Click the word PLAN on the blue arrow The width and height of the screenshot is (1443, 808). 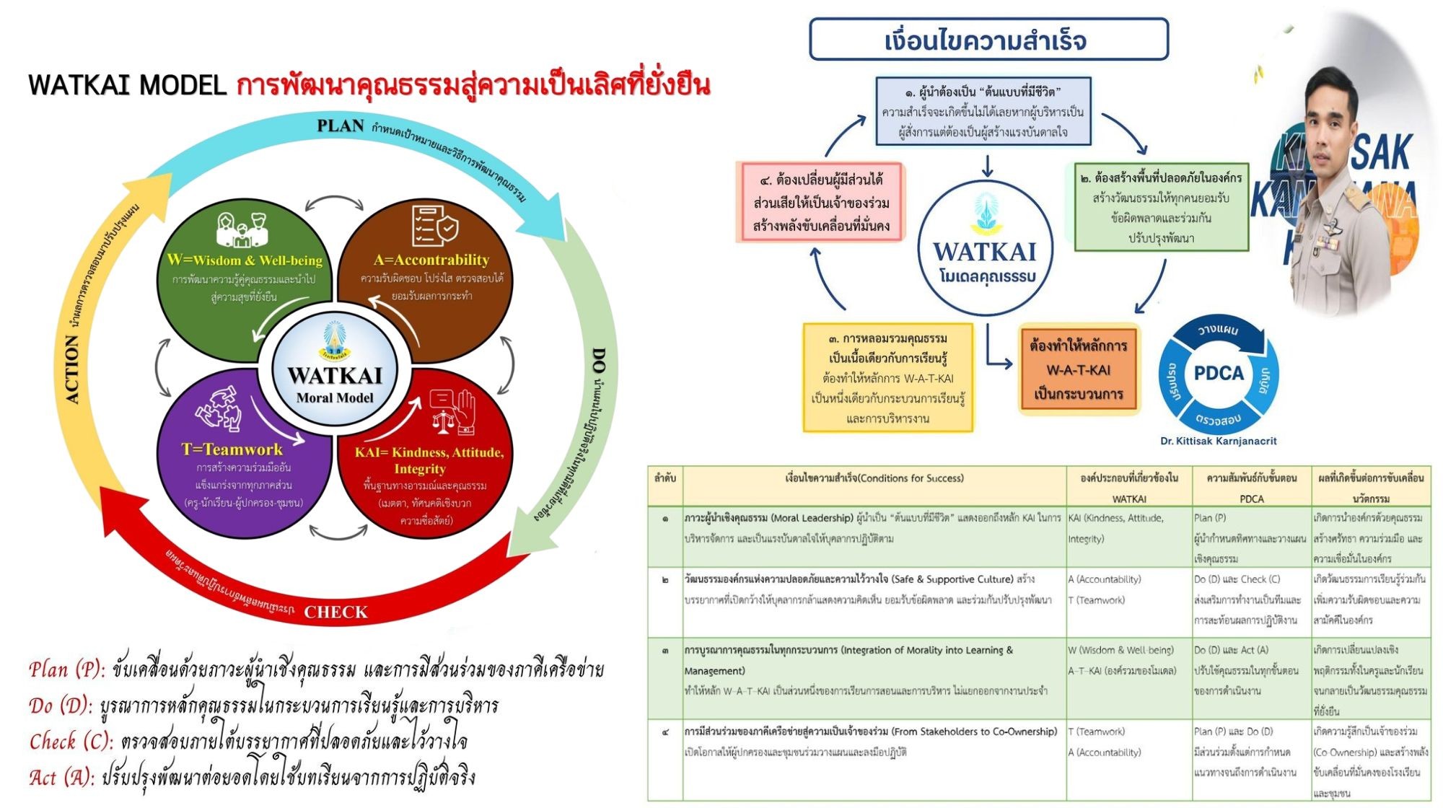tap(341, 126)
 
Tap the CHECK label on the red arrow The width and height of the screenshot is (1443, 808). tap(335, 612)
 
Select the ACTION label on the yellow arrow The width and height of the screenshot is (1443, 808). tap(72, 369)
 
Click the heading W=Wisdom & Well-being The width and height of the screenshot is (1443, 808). tap(245, 260)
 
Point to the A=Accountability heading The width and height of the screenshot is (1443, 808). tap(431, 260)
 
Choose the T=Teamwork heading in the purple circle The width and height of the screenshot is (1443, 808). tap(232, 449)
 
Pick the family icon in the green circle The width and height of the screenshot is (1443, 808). tap(242, 229)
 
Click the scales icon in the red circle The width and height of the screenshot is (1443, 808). tap(453, 411)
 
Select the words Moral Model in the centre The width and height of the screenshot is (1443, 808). tap(335, 398)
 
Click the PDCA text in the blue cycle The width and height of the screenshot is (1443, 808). tap(1219, 373)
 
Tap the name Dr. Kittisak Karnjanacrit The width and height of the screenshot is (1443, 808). tap(1219, 441)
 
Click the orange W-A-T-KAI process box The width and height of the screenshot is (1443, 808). tap(1079, 370)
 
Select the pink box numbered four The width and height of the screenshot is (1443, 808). tap(821, 203)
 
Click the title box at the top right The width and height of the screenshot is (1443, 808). tap(988, 40)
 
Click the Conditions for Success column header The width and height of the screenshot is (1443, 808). tap(874, 478)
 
